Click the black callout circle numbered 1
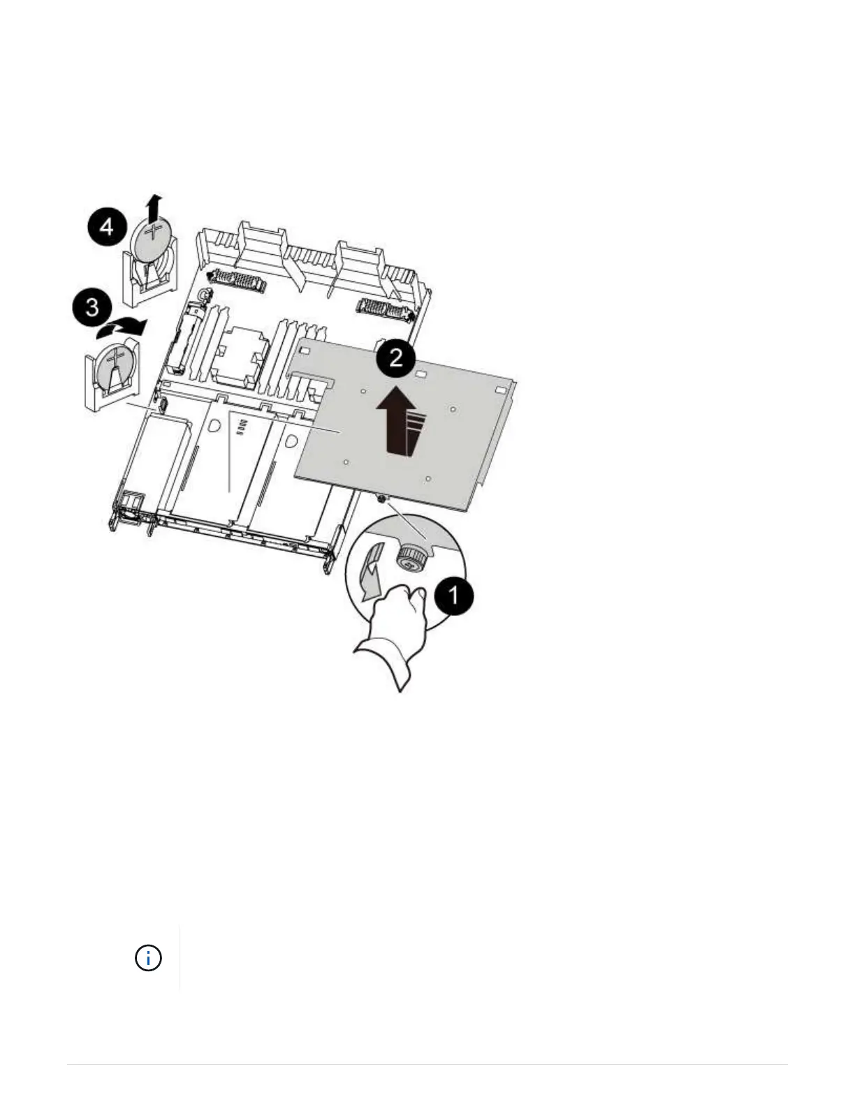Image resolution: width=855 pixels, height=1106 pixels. [453, 596]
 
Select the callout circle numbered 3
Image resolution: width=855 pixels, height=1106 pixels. [92, 308]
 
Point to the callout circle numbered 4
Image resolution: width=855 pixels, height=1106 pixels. [106, 227]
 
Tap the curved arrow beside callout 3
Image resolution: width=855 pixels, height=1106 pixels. [123, 325]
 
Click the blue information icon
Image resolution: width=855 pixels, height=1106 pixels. [148, 957]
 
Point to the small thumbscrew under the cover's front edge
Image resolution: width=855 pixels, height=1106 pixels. [381, 497]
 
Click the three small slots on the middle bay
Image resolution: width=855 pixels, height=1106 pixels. [242, 427]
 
